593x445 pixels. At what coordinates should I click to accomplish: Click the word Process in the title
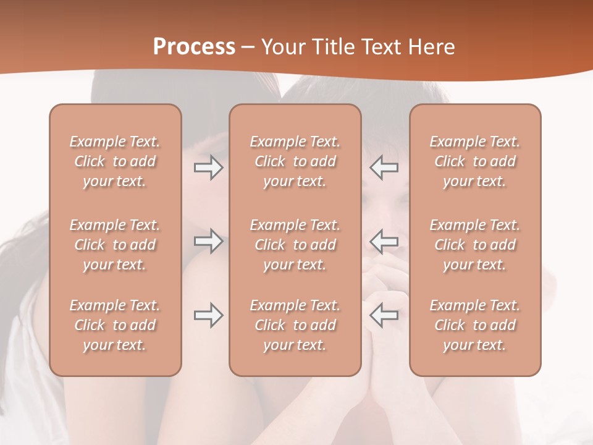pyautogui.click(x=194, y=47)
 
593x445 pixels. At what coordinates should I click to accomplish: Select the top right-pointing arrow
pyautogui.click(x=208, y=167)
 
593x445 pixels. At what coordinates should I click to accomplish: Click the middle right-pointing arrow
pyautogui.click(x=208, y=241)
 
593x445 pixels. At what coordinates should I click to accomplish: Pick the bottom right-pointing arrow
pyautogui.click(x=208, y=315)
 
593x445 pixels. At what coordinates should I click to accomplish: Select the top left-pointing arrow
pyautogui.click(x=384, y=167)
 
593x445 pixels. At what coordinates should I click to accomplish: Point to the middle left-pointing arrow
pyautogui.click(x=384, y=241)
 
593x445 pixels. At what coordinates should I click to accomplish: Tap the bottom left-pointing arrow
pyautogui.click(x=384, y=315)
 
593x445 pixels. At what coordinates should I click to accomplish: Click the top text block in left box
pyautogui.click(x=115, y=161)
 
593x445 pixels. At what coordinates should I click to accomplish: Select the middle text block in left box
pyautogui.click(x=115, y=245)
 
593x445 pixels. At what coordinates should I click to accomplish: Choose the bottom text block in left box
pyautogui.click(x=115, y=325)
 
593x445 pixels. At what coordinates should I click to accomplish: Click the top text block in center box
pyautogui.click(x=295, y=161)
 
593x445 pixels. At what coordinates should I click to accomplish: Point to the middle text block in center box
pyautogui.click(x=295, y=245)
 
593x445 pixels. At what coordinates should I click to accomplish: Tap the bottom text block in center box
pyautogui.click(x=295, y=325)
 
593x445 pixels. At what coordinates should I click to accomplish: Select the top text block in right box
pyautogui.click(x=475, y=161)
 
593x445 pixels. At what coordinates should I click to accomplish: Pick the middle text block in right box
pyautogui.click(x=475, y=245)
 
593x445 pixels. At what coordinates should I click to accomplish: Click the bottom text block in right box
pyautogui.click(x=475, y=325)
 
